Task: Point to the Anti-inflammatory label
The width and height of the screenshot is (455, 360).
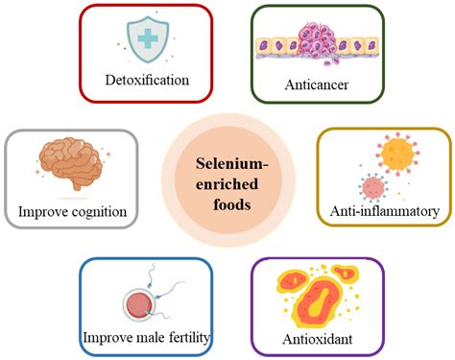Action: click(384, 208)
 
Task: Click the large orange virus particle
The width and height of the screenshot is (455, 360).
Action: click(396, 154)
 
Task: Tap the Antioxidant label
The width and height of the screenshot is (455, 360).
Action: click(316, 338)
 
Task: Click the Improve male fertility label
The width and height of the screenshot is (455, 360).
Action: click(145, 335)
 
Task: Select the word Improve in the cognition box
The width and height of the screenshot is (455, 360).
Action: click(41, 210)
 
